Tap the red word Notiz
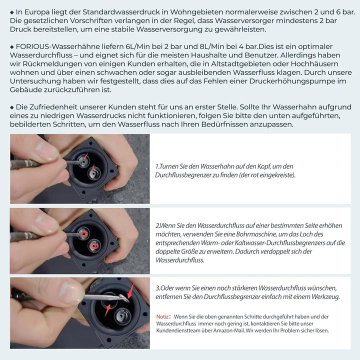click(x=162, y=316)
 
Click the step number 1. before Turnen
click(x=157, y=166)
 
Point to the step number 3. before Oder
click(x=157, y=288)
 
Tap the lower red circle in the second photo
click(x=93, y=246)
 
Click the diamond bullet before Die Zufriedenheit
click(x=12, y=107)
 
